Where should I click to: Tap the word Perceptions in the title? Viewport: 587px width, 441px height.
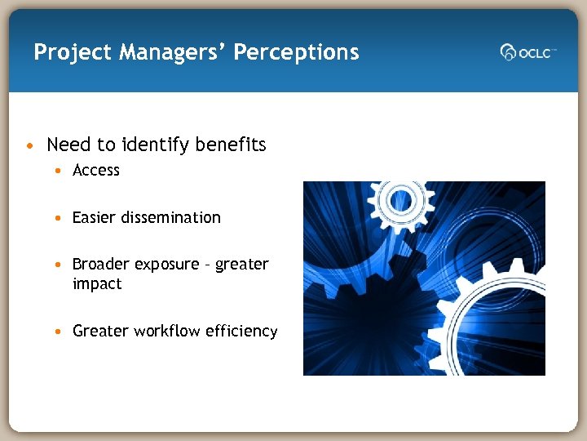coord(296,53)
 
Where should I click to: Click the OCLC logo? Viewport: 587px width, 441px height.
coord(527,52)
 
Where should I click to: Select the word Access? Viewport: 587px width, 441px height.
coord(96,170)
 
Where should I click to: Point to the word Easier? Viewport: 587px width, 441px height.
coord(94,217)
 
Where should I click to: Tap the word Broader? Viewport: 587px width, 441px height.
coord(101,264)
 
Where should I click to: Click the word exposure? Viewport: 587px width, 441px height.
coord(166,265)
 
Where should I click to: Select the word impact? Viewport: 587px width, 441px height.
coord(97,284)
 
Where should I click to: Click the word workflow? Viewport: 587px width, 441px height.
coord(167,331)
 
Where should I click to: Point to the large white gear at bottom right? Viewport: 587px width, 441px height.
coord(493,327)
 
